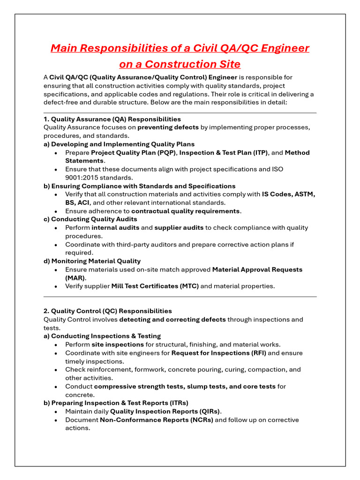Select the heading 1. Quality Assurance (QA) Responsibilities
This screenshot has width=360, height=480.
pos(112,119)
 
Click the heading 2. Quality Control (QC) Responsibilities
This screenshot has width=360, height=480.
pos(107,311)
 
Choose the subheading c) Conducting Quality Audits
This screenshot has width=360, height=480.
pos(90,219)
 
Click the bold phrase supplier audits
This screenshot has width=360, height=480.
pos(179,228)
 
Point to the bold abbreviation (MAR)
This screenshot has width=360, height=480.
pos(75,278)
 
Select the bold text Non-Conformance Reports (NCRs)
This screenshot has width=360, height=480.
pos(157,420)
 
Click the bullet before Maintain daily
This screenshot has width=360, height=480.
pos(56,412)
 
